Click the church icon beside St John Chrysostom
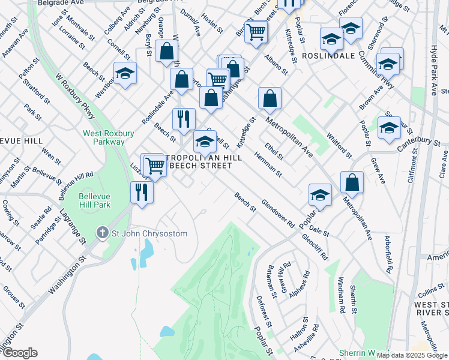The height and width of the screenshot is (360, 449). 103,232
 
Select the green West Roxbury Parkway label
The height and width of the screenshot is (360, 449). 104,137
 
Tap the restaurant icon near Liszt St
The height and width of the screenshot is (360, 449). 142,193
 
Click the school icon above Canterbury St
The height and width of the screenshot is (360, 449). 389,127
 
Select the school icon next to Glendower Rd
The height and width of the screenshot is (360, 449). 320,194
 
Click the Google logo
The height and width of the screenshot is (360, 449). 20,353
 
